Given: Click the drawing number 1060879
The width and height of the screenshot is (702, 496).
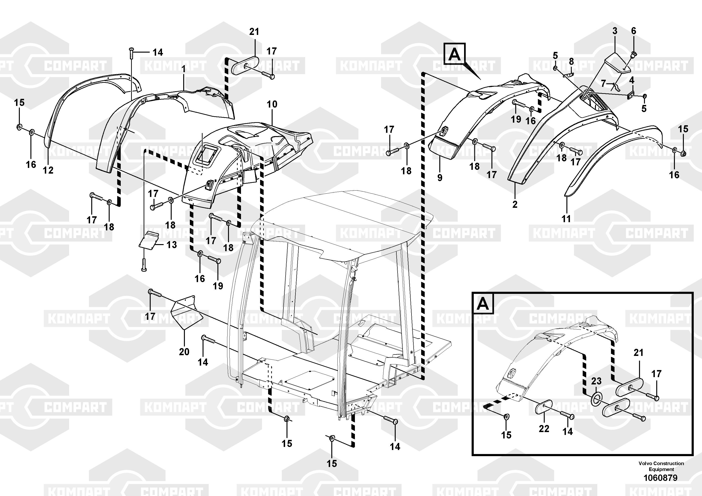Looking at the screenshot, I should click(x=661, y=478).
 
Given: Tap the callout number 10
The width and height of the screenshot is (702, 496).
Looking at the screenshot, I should click(x=272, y=104).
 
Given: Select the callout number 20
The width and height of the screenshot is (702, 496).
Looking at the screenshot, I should click(x=184, y=352).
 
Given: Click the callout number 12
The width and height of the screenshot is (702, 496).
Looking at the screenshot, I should click(x=48, y=170).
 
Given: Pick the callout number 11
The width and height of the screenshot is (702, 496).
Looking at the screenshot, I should click(x=566, y=219).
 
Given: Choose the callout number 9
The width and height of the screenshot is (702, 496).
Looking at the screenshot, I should click(x=440, y=177).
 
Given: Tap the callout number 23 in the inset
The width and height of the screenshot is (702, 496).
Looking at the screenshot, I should click(x=596, y=381).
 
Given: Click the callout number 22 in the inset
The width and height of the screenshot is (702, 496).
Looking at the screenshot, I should click(x=544, y=429).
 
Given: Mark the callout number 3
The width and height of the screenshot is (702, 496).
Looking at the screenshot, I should click(x=615, y=31).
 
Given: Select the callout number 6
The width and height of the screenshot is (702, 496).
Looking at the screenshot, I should click(x=634, y=31).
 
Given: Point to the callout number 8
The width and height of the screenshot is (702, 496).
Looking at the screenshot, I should click(x=571, y=62).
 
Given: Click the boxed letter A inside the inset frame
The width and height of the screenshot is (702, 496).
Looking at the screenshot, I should click(x=483, y=304).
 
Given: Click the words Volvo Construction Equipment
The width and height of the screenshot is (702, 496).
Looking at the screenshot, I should click(x=661, y=466).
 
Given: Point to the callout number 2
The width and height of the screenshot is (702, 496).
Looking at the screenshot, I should click(x=515, y=204).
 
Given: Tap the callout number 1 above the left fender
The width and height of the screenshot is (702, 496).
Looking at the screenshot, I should click(x=183, y=69).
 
